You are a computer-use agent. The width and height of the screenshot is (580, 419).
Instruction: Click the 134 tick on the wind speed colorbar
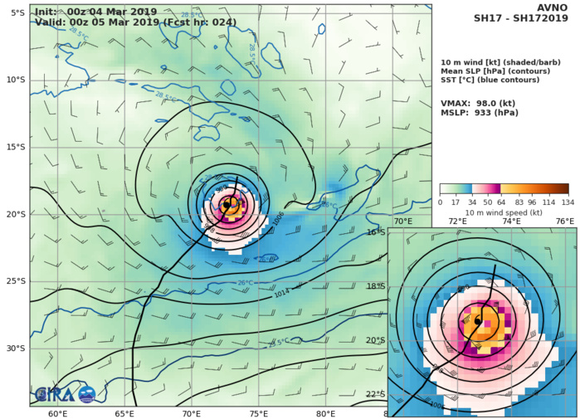click(568, 202)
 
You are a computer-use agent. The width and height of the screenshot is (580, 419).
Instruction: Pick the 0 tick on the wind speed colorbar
click(440, 202)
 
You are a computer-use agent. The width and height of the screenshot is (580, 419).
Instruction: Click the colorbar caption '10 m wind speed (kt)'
click(504, 212)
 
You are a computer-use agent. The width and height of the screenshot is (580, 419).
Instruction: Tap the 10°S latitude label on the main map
click(17, 80)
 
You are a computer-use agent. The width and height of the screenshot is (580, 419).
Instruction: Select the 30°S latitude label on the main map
click(17, 348)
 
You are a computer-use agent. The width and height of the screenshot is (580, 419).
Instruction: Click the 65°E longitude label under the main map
click(125, 414)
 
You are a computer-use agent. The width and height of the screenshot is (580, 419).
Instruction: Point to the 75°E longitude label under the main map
click(260, 414)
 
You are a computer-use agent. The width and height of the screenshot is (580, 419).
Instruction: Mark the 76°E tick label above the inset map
click(564, 222)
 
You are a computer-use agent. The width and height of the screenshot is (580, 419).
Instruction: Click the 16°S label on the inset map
click(399, 232)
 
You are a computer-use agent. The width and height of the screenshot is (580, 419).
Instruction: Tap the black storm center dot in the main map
click(227, 205)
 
